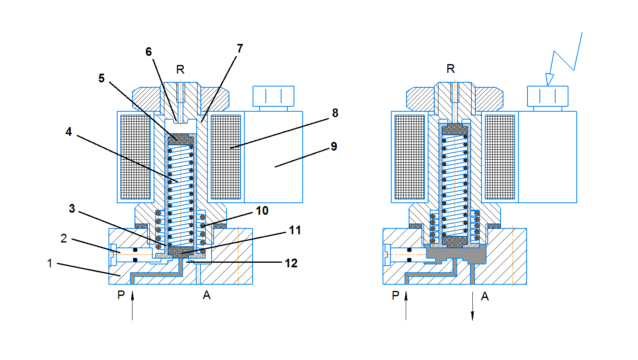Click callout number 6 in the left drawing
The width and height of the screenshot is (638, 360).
point(149,52)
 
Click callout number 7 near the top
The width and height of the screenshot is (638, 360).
point(240,48)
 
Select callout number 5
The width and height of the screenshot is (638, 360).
point(101,78)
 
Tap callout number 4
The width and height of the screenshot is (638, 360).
point(69,132)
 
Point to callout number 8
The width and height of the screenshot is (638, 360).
point(335,113)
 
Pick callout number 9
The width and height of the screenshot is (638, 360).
point(334,146)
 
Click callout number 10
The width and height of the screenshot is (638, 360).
point(262,211)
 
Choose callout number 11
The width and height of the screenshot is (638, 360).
point(295,230)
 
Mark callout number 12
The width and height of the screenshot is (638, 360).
point(291,263)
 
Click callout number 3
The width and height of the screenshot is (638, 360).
point(72,209)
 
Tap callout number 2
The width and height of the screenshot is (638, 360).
point(64,238)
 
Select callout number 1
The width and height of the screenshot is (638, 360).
point(50,263)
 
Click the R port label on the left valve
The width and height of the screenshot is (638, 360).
point(180,70)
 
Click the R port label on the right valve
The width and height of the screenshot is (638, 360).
point(451,69)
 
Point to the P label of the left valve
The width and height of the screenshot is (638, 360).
point(121,295)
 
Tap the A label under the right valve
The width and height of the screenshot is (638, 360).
point(485,296)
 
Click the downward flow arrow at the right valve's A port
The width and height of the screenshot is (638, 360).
point(472,306)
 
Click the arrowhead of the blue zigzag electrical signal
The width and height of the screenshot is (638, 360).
point(549,79)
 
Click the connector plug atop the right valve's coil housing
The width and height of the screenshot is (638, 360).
point(547,96)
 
